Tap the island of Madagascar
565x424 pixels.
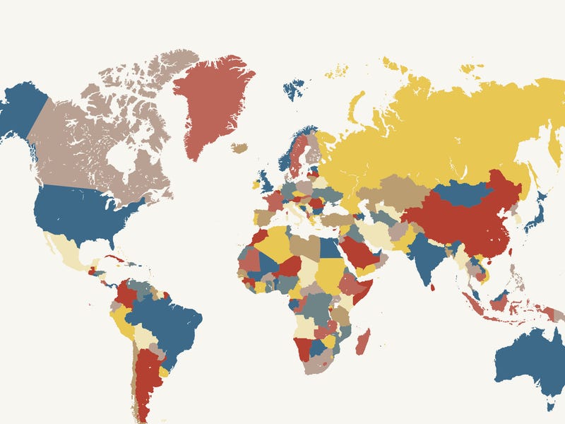(x=362, y=341)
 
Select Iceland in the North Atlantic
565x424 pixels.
(x=240, y=148)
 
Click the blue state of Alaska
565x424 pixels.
(x=21, y=110)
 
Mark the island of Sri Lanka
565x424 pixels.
(x=432, y=287)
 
